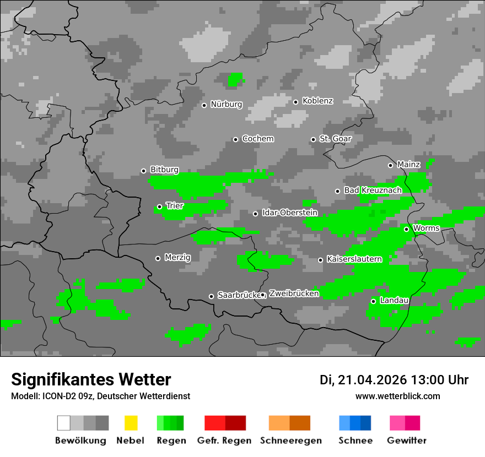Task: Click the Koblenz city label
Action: tap(317, 101)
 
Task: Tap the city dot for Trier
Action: tap(159, 207)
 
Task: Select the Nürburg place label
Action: tap(226, 104)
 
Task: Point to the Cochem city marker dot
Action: tap(235, 139)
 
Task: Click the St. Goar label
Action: tap(335, 139)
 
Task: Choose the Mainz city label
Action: tap(408, 164)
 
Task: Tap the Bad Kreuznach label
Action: tap(373, 190)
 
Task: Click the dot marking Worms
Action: tap(406, 229)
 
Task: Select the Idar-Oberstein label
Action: tap(289, 213)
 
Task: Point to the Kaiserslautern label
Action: tap(354, 259)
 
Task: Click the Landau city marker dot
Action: tap(373, 301)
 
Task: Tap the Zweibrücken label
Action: tap(294, 293)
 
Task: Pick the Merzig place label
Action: tap(177, 257)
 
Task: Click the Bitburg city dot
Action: tap(143, 171)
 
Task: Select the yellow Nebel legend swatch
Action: tap(131, 423)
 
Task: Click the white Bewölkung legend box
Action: tap(64, 423)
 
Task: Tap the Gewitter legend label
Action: tap(406, 440)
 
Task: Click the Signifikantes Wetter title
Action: tap(91, 379)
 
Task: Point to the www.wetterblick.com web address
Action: tap(397, 396)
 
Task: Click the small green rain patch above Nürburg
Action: tap(235, 80)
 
